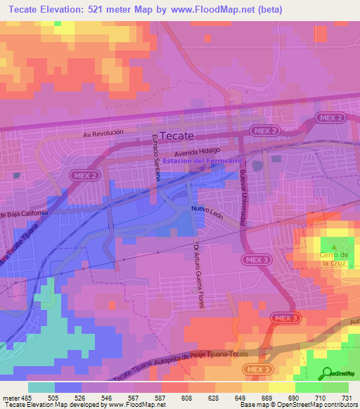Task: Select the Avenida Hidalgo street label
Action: [198, 150]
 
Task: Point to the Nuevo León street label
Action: [207, 213]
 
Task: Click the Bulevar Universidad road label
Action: [243, 200]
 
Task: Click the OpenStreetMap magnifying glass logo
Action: [327, 373]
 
